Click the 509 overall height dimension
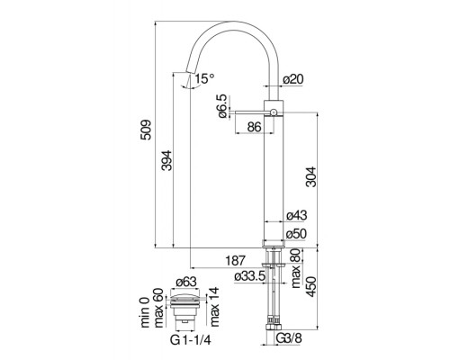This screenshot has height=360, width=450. pos(146,130)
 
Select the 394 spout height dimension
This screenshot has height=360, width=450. pos(166,160)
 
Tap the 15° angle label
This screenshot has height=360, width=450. pos(204,78)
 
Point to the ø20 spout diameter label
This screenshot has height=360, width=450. pos(293,79)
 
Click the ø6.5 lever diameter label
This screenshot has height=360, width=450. pos(222,106)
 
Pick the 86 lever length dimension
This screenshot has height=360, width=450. pos(254,127)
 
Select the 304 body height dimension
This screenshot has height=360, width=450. pos(311,177)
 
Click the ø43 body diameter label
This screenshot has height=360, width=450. pos(296,215)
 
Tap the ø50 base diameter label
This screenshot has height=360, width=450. pos(296,234)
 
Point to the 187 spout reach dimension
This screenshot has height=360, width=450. pos(236,260)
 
